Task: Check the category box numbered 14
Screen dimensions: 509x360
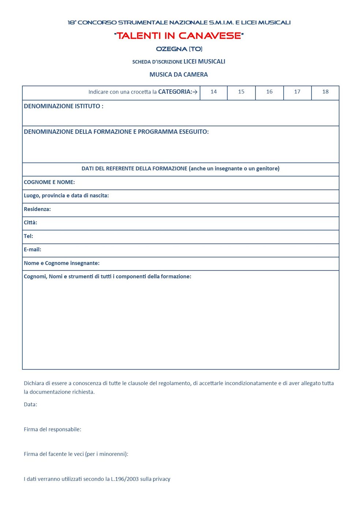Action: [214, 92]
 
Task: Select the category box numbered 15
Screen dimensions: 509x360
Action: [241, 92]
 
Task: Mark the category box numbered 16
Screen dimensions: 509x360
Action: [269, 92]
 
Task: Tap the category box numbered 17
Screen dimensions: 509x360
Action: [297, 92]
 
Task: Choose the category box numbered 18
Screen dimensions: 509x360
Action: [325, 92]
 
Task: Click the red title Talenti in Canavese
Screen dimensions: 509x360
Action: [179, 36]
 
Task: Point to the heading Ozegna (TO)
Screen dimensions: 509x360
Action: [179, 49]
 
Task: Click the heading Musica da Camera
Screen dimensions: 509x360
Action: [179, 75]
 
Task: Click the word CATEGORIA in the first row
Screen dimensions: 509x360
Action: [175, 92]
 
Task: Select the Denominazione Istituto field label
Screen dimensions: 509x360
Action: [63, 106]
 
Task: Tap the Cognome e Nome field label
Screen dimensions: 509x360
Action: [49, 182]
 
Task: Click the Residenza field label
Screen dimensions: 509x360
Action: [37, 209]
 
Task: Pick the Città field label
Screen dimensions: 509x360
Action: [30, 222]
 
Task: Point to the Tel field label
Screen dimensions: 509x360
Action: [29, 236]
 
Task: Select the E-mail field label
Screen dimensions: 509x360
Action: [33, 249]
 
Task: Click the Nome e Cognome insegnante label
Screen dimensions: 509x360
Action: [61, 263]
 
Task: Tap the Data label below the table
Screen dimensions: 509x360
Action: [30, 404]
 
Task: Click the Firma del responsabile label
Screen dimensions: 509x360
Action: [52, 429]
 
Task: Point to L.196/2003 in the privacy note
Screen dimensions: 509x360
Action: [125, 479]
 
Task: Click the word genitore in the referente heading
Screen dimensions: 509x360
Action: [267, 169]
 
